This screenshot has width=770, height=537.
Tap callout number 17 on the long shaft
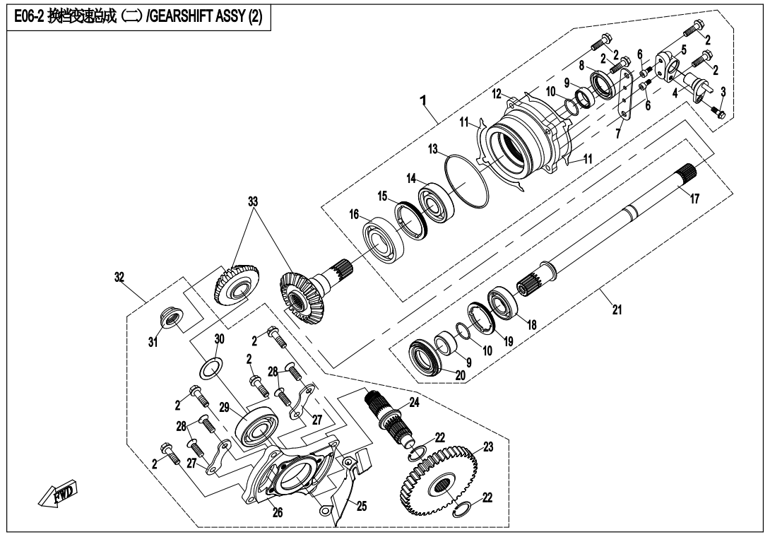695,200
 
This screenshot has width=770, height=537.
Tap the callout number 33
252,201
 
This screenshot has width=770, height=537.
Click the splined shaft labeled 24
384,416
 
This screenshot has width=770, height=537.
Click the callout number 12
497,93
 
